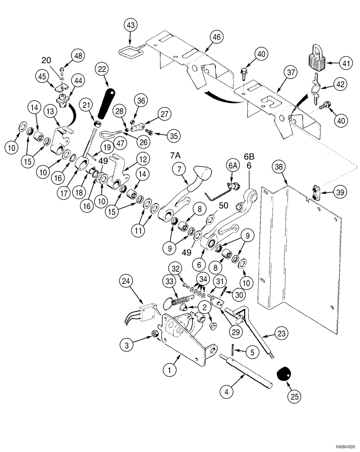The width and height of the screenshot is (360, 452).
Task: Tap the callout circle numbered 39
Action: (x=341, y=192)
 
